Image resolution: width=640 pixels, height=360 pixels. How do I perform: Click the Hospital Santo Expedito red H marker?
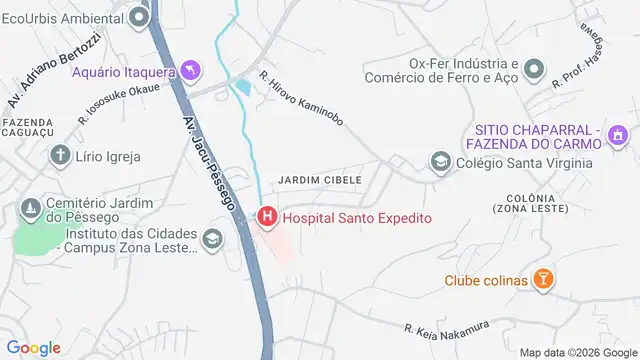click(268, 216)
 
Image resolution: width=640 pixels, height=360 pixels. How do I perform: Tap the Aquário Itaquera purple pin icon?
click(191, 71)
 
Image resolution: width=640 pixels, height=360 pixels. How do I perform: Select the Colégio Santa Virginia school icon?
click(438, 161)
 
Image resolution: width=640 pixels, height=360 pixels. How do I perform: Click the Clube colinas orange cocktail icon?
click(542, 280)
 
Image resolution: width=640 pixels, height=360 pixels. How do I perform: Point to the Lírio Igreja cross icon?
click(62, 156)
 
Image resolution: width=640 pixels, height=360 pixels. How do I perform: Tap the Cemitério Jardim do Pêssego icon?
click(30, 208)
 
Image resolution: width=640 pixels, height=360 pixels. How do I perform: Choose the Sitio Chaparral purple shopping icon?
click(619, 134)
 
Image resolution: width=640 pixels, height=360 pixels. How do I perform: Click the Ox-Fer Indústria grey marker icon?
click(534, 70)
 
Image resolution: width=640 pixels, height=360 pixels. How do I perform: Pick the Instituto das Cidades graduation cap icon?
click(211, 239)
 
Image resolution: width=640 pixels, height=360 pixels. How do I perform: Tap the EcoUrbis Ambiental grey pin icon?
click(140, 16)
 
